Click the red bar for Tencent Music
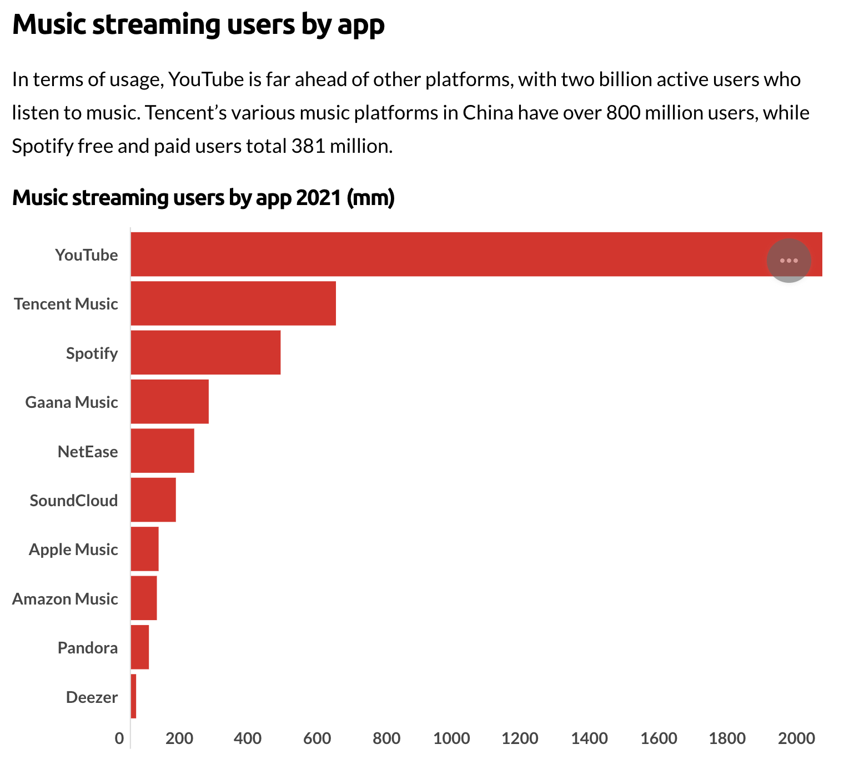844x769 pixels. coord(233,303)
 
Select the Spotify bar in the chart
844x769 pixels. coord(205,352)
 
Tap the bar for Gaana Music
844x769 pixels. coord(170,401)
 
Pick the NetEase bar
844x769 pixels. coord(163,451)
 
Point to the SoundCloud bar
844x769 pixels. coord(153,500)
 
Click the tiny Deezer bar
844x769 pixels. coord(133,696)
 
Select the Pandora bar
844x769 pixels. coord(140,647)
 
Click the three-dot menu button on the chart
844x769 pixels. coord(788,261)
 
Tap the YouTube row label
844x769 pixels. coord(87,255)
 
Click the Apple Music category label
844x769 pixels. coord(73,550)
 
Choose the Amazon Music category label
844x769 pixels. coord(65,599)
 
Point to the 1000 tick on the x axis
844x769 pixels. coord(451,738)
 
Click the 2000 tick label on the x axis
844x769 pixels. coord(796,738)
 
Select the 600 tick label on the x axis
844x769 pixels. coord(317,738)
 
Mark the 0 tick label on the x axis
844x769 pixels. coord(119,738)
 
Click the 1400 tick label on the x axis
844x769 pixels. coord(589,738)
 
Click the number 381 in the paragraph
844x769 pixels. coord(308,146)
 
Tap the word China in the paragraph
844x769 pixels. coord(488,113)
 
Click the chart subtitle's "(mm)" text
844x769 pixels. coord(370,198)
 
